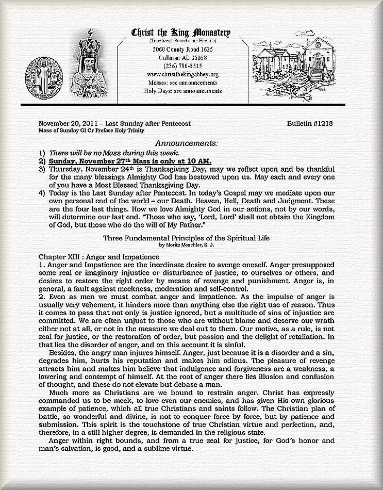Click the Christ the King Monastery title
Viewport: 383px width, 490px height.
181,33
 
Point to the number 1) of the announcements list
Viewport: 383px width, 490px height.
42,153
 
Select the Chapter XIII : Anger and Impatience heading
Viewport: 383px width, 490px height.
98,256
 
